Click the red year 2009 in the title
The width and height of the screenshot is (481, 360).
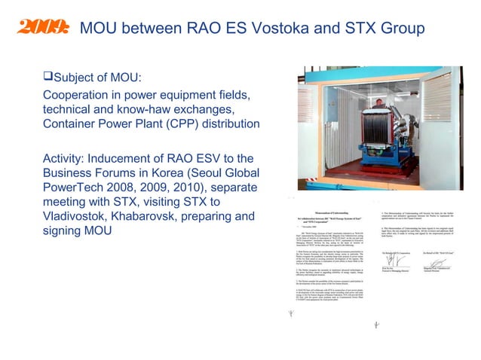(x=42, y=29)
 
